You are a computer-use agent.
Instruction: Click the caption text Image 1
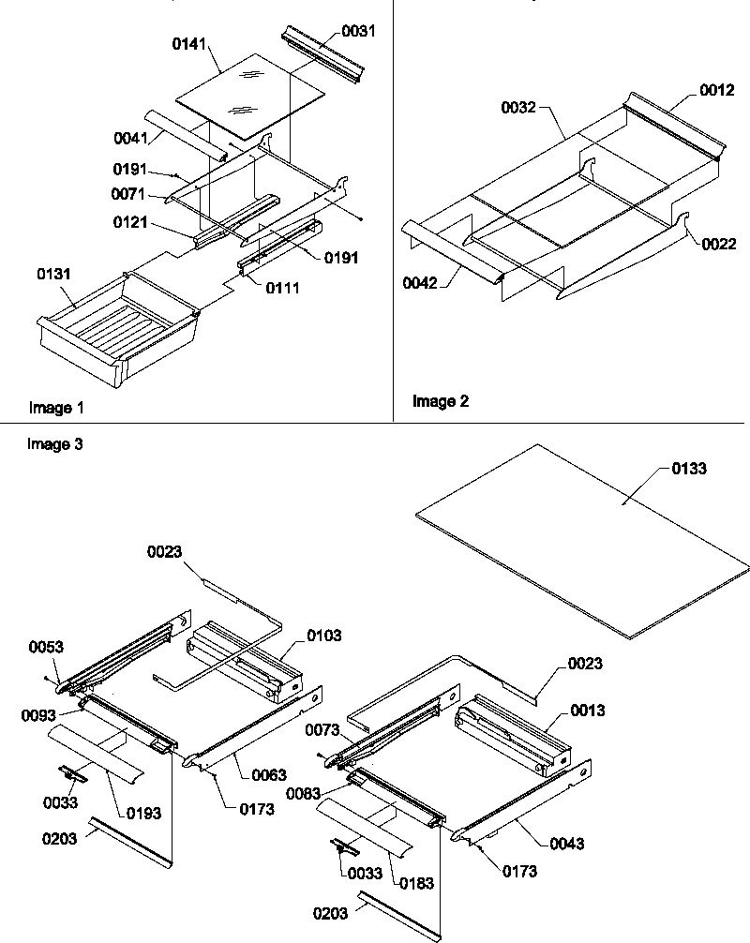[x=56, y=408]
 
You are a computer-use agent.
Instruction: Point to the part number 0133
[x=690, y=468]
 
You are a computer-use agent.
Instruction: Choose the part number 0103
[x=324, y=636]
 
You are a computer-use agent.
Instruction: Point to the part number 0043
[x=567, y=844]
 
